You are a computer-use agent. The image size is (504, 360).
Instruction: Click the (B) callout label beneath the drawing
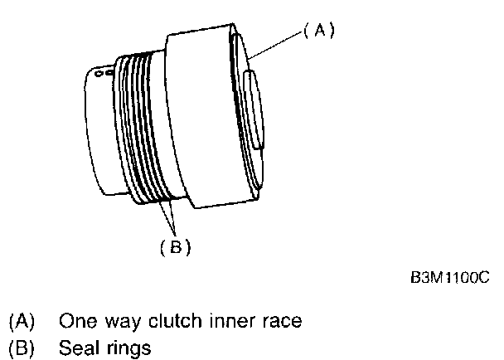coord(176,246)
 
